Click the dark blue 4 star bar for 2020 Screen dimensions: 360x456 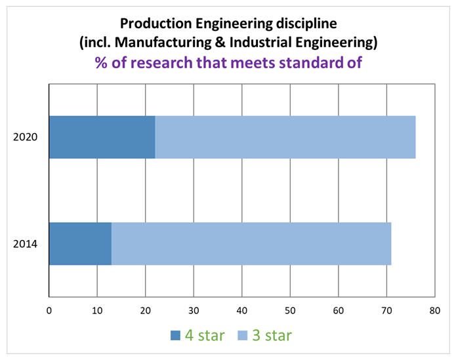point(102,138)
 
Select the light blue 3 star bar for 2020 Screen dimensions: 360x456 point(285,138)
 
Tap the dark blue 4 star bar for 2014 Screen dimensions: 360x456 point(80,244)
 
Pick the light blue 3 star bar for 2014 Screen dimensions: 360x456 point(251,244)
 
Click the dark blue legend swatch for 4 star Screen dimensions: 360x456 point(175,336)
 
